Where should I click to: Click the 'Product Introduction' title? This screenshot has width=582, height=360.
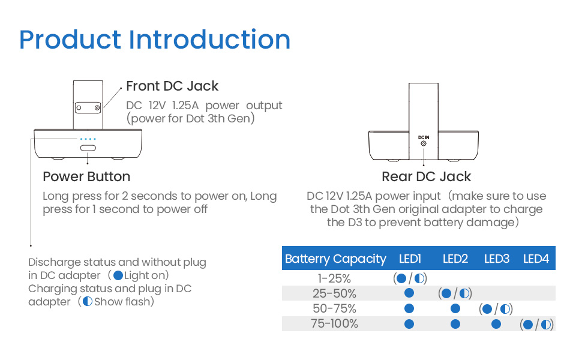click(x=155, y=40)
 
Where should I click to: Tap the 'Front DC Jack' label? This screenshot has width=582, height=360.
click(x=172, y=86)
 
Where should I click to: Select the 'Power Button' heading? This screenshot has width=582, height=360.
click(x=86, y=176)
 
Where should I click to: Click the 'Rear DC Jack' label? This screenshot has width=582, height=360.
click(x=426, y=176)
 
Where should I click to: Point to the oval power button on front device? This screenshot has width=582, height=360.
click(x=88, y=148)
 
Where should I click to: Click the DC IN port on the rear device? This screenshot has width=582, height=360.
click(x=424, y=143)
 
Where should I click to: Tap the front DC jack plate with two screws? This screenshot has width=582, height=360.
click(x=88, y=108)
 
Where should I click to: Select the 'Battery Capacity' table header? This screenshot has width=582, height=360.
click(x=335, y=259)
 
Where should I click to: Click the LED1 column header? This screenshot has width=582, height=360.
click(x=410, y=259)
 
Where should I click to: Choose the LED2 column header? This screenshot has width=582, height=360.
click(x=455, y=259)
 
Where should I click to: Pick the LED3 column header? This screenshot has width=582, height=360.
click(x=496, y=259)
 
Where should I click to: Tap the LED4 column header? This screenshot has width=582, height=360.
click(x=536, y=259)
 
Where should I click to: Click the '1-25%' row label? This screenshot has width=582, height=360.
click(x=334, y=278)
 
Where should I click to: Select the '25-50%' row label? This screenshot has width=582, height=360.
click(x=334, y=293)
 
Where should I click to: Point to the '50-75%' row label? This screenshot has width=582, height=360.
click(x=334, y=308)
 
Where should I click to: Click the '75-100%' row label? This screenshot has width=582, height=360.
click(x=334, y=323)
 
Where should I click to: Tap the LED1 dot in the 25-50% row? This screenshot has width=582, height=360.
click(x=410, y=293)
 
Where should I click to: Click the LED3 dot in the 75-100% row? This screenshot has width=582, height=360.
click(x=496, y=324)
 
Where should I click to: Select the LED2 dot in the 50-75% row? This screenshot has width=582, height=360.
click(x=455, y=309)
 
